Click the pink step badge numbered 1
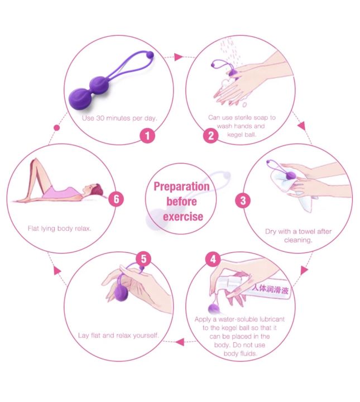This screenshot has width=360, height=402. [x=147, y=135]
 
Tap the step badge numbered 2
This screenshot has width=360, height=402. [x=210, y=135]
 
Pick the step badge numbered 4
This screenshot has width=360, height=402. [x=212, y=260]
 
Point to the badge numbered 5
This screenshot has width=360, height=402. [x=144, y=259]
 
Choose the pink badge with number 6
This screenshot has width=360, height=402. [x=116, y=199]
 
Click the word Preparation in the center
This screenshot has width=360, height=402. [x=181, y=186]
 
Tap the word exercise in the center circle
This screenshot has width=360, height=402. [x=183, y=216]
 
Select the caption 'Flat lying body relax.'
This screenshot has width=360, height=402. [x=60, y=228]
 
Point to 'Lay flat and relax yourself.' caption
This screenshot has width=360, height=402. [x=118, y=336]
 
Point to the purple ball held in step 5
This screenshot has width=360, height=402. [x=122, y=293]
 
